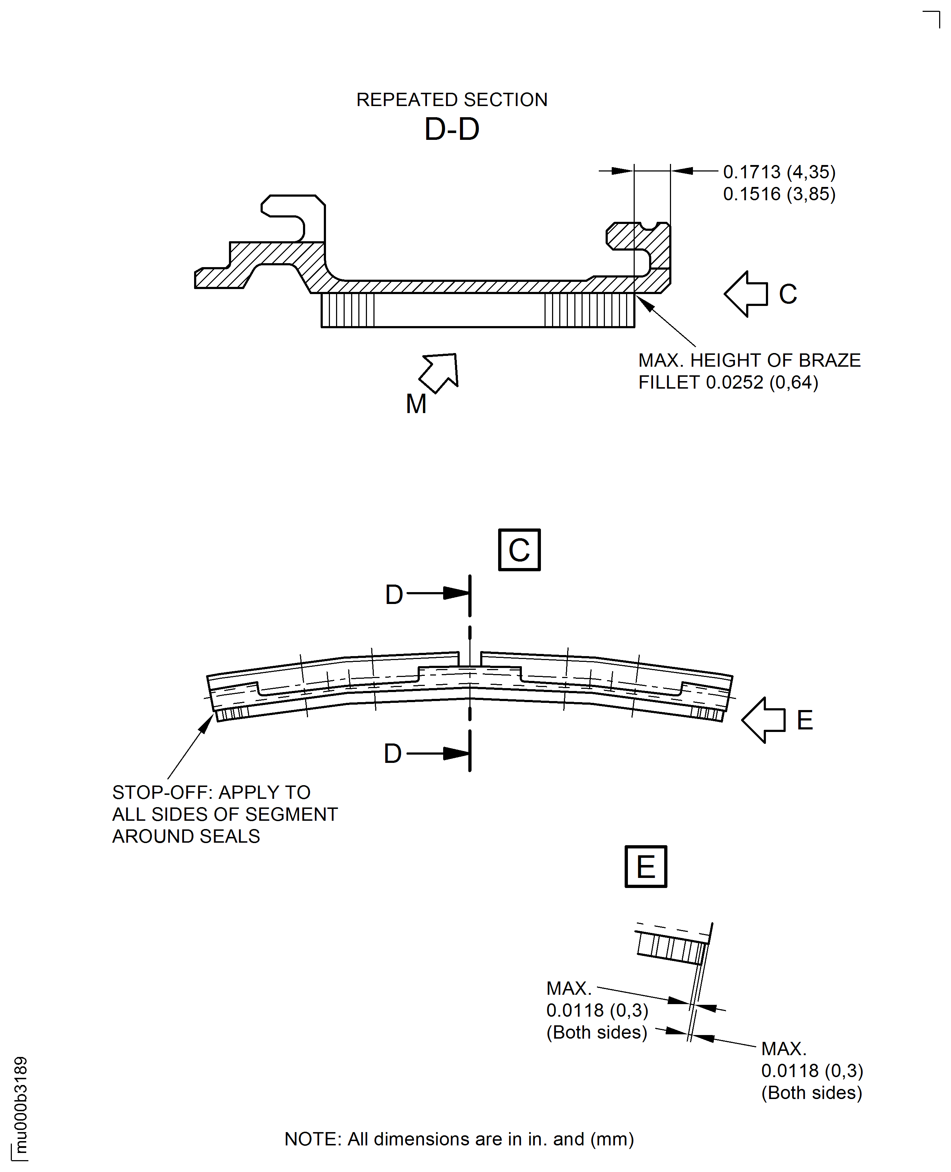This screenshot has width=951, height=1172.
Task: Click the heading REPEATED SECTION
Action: point(451,100)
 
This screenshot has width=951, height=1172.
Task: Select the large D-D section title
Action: point(451,129)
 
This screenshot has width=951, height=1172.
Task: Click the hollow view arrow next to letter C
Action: point(745,294)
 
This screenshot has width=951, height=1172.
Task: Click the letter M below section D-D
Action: point(416,404)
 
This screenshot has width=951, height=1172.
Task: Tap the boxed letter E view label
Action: point(646,866)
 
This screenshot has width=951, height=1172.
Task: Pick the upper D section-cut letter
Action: point(394,595)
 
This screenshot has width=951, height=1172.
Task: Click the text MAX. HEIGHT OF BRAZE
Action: point(749,361)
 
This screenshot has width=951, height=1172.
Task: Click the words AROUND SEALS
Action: point(186,836)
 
